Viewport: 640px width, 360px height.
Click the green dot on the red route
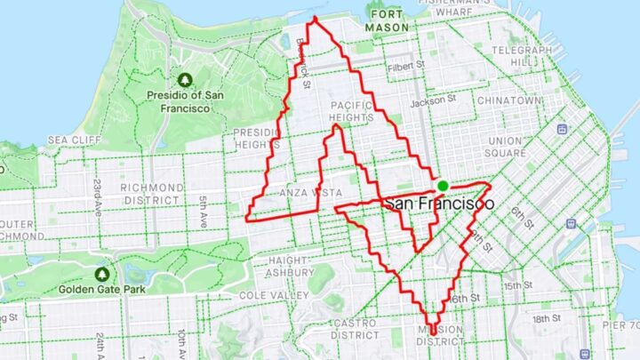(x=442, y=185)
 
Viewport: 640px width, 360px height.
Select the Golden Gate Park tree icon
(x=102, y=274)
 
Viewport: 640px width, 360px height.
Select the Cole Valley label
(x=265, y=294)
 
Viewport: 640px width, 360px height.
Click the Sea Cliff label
(x=70, y=140)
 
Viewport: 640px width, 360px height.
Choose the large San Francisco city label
(x=439, y=204)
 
